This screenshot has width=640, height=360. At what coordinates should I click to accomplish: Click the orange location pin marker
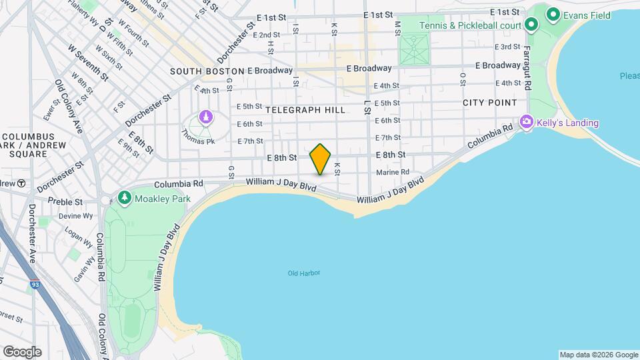(x=320, y=159)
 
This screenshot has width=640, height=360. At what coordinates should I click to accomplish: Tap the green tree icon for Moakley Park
(x=125, y=198)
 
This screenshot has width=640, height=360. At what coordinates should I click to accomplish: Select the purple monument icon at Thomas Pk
(x=206, y=118)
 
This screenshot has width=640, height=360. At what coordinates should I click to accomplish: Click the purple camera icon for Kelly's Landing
(x=527, y=122)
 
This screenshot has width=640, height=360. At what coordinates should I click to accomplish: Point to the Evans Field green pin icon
(x=552, y=13)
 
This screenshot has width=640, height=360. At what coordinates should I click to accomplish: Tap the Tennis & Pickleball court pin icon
(x=531, y=25)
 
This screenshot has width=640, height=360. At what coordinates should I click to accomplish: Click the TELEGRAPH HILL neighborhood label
(x=305, y=109)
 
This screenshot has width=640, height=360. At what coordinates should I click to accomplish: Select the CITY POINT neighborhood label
(x=490, y=103)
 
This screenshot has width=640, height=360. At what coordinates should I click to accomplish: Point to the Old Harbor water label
(x=304, y=273)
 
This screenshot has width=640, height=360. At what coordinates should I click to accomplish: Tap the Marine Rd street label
(x=393, y=172)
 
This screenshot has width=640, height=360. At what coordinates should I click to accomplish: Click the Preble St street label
(x=69, y=201)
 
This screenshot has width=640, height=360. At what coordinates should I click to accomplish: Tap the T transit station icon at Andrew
(x=21, y=183)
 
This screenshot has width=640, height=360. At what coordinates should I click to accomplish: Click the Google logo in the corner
(x=22, y=352)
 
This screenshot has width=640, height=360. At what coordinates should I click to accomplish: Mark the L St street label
(x=367, y=106)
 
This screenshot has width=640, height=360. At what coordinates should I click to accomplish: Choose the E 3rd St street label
(x=507, y=47)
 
